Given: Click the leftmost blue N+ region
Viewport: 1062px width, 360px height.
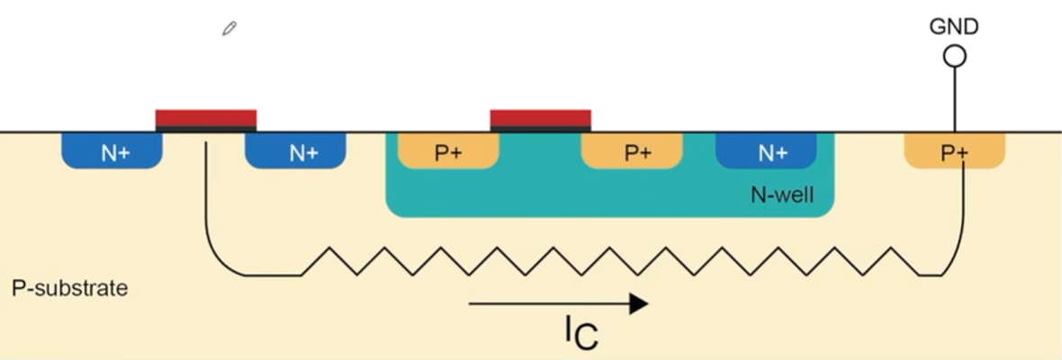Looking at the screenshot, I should coord(112,151).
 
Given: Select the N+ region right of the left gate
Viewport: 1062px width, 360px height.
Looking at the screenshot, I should coord(297,151).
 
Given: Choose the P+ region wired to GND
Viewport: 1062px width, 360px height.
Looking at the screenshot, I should coord(954,151).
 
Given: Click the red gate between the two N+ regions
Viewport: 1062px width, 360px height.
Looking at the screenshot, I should coord(206,118).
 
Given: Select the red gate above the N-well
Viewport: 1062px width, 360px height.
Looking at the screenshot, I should coord(540,118).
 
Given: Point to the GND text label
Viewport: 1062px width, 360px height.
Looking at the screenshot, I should coord(954,27).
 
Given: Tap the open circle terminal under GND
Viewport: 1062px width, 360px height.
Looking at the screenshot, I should coord(954,57).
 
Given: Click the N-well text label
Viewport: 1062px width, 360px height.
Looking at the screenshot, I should coord(782,194).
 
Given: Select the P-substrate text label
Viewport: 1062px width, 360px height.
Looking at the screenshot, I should coord(69,289).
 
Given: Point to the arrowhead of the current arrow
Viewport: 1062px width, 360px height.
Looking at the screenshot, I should coord(638,304).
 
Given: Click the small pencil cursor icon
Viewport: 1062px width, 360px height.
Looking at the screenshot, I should coord(229,30).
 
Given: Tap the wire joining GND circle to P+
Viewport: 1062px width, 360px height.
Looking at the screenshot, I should coord(954,99).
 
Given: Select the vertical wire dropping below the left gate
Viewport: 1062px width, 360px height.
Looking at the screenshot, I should coord(206,198).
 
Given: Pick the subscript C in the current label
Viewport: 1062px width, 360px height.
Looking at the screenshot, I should coord(586,337).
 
